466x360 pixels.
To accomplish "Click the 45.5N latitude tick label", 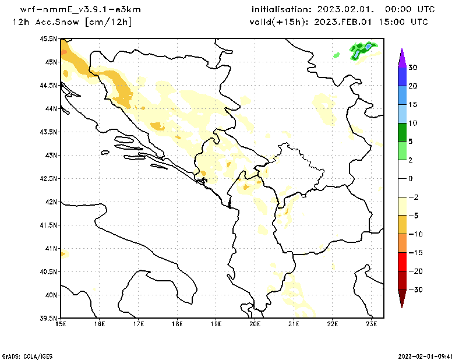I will click(x=49, y=38).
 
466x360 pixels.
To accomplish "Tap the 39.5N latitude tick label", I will click(x=49, y=318).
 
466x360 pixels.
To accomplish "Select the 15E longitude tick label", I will click(x=61, y=324).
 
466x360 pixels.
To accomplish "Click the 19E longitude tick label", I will click(x=216, y=324).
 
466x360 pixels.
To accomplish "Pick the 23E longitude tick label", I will click(x=372, y=324).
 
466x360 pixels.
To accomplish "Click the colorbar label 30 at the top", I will click(x=412, y=68).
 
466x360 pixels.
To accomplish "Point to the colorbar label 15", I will click(x=412, y=105).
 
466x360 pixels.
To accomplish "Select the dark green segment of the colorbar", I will click(x=402, y=132).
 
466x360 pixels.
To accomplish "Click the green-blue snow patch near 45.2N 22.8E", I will click(x=362, y=50).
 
